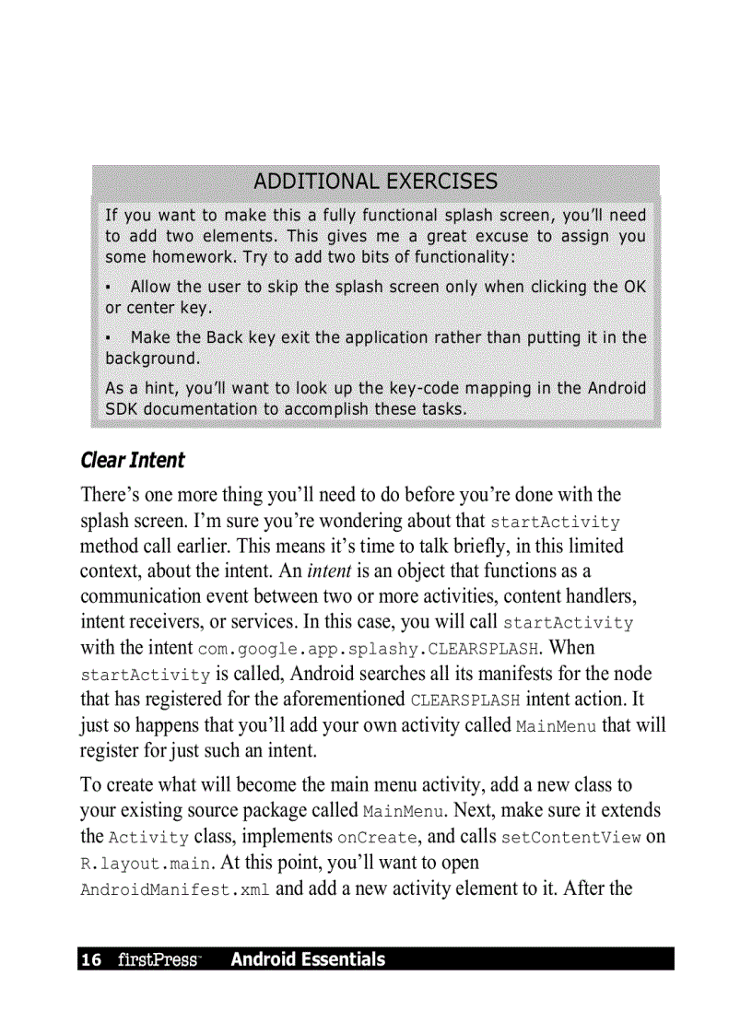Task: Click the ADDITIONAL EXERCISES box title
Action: pyautogui.click(x=375, y=182)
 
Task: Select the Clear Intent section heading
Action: pyautogui.click(x=133, y=460)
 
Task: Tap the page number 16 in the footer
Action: pyautogui.click(x=91, y=960)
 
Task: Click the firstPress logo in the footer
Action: pyautogui.click(x=159, y=960)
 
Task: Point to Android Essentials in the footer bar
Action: pyautogui.click(x=308, y=959)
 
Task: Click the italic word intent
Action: pyautogui.click(x=327, y=571)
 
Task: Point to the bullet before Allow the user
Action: pyautogui.click(x=109, y=288)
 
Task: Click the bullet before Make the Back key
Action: pyautogui.click(x=109, y=338)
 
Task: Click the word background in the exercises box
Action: pyautogui.click(x=150, y=358)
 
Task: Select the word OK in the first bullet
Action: pyautogui.click(x=635, y=287)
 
